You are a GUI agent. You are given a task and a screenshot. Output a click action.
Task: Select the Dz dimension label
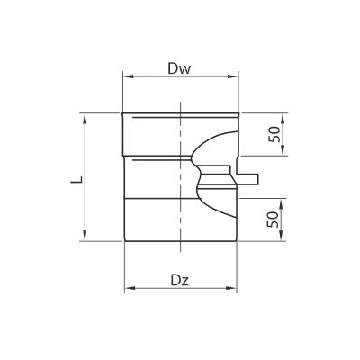(x=178, y=280)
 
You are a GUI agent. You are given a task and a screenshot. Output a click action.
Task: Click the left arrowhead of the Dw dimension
(x=125, y=76)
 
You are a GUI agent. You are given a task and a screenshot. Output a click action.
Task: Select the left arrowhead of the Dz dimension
(x=126, y=289)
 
